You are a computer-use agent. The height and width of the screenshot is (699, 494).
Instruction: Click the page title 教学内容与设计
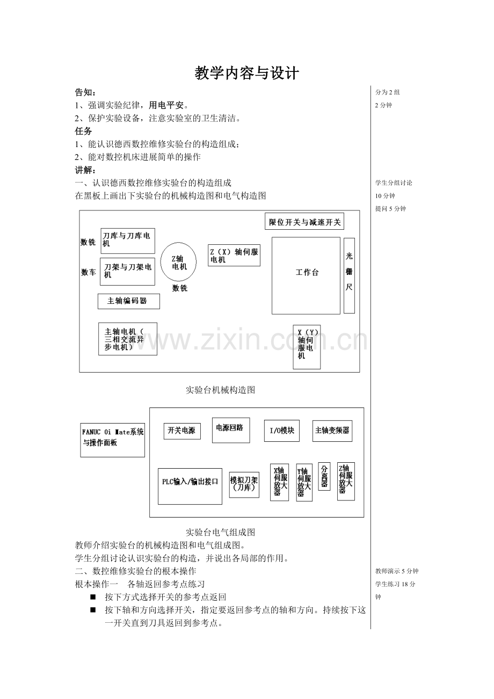coord(246,73)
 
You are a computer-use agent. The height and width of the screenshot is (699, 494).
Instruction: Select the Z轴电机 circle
coord(179,262)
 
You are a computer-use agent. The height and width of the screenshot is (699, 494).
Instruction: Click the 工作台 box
coord(306,275)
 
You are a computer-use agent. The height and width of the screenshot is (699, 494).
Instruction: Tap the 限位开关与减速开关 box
coord(304,222)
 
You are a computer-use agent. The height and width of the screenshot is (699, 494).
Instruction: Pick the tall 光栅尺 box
coord(349,275)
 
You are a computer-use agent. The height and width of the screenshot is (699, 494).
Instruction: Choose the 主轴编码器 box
coord(129,301)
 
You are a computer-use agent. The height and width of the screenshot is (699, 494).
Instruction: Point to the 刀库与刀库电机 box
coord(127,241)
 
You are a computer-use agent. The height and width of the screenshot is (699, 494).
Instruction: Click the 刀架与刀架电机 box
coord(127,271)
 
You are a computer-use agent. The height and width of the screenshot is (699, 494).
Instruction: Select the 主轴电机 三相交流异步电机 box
coord(127,339)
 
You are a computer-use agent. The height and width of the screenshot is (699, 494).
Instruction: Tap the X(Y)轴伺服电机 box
coord(307,347)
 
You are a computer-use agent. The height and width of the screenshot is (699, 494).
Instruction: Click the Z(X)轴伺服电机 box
coord(234,256)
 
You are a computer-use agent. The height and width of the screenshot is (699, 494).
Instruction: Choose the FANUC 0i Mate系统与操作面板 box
coord(112,437)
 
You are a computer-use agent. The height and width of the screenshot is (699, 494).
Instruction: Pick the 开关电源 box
coord(182,431)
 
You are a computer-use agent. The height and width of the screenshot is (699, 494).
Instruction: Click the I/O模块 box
coord(281,431)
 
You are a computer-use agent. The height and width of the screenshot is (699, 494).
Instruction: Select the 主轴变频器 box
coord(332,431)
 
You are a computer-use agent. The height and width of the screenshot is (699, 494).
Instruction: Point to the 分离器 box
coord(324,477)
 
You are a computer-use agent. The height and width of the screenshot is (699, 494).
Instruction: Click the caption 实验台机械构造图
coord(220,390)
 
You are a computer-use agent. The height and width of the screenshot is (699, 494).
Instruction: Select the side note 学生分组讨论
coord(394,183)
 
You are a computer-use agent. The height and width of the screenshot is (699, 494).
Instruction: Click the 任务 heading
coord(83,130)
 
